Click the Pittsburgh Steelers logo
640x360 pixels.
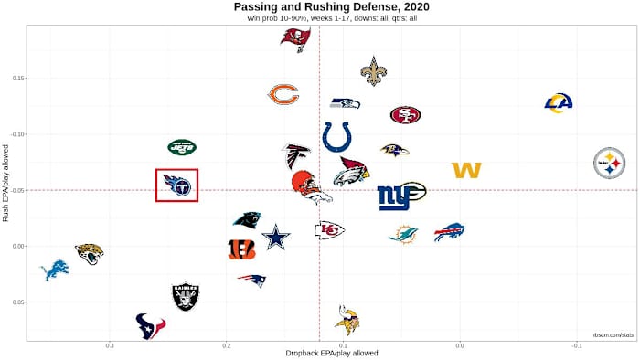click(609, 164)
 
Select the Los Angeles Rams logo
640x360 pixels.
click(558, 103)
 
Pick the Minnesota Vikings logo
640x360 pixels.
click(347, 320)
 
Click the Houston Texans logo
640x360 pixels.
click(150, 325)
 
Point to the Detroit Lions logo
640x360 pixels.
click(55, 270)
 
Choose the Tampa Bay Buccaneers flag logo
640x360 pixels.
click(295, 39)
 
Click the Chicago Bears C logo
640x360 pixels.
click(283, 94)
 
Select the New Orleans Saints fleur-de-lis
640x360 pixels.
click(373, 71)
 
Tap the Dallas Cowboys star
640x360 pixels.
click(275, 238)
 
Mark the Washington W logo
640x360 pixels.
click(466, 170)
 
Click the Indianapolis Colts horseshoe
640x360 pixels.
click(336, 137)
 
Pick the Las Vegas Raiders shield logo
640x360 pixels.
click(186, 296)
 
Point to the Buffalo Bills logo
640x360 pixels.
click(449, 232)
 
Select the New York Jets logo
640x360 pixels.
click(182, 146)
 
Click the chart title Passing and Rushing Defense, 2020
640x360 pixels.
click(319, 7)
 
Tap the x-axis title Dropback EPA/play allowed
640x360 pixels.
click(319, 353)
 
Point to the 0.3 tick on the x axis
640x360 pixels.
click(110, 344)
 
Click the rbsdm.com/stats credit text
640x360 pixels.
click(612, 335)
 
